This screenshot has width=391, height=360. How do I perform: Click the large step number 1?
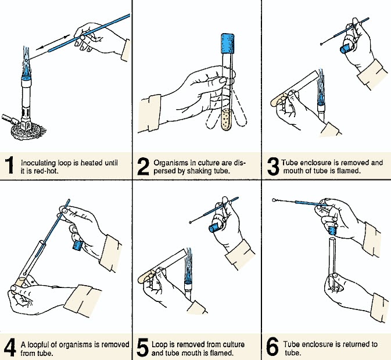click(x=10, y=165)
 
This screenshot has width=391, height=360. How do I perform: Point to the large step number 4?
click(x=10, y=348)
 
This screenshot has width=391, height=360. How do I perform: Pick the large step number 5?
click(x=143, y=348)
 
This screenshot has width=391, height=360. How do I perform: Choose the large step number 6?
click(x=272, y=348)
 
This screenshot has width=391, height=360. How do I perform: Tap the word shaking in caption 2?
click(x=196, y=171)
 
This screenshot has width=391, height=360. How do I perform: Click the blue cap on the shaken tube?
click(x=226, y=45)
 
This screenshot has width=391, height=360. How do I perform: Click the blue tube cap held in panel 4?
click(x=76, y=244)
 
